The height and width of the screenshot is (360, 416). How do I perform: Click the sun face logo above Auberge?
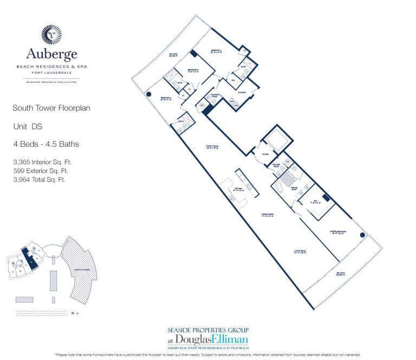coord(51,34)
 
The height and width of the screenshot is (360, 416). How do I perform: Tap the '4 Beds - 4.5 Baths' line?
coord(46,144)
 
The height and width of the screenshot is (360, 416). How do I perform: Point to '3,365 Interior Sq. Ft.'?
coord(43,162)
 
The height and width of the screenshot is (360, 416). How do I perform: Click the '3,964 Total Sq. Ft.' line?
coord(39,179)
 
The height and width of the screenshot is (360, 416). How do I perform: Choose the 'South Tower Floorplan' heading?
coord(51,108)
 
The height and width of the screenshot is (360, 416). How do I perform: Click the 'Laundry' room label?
coord(241,92)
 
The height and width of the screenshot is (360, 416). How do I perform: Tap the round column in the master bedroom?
coord(362,235)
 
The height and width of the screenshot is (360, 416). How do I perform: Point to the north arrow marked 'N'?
coord(75,313)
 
